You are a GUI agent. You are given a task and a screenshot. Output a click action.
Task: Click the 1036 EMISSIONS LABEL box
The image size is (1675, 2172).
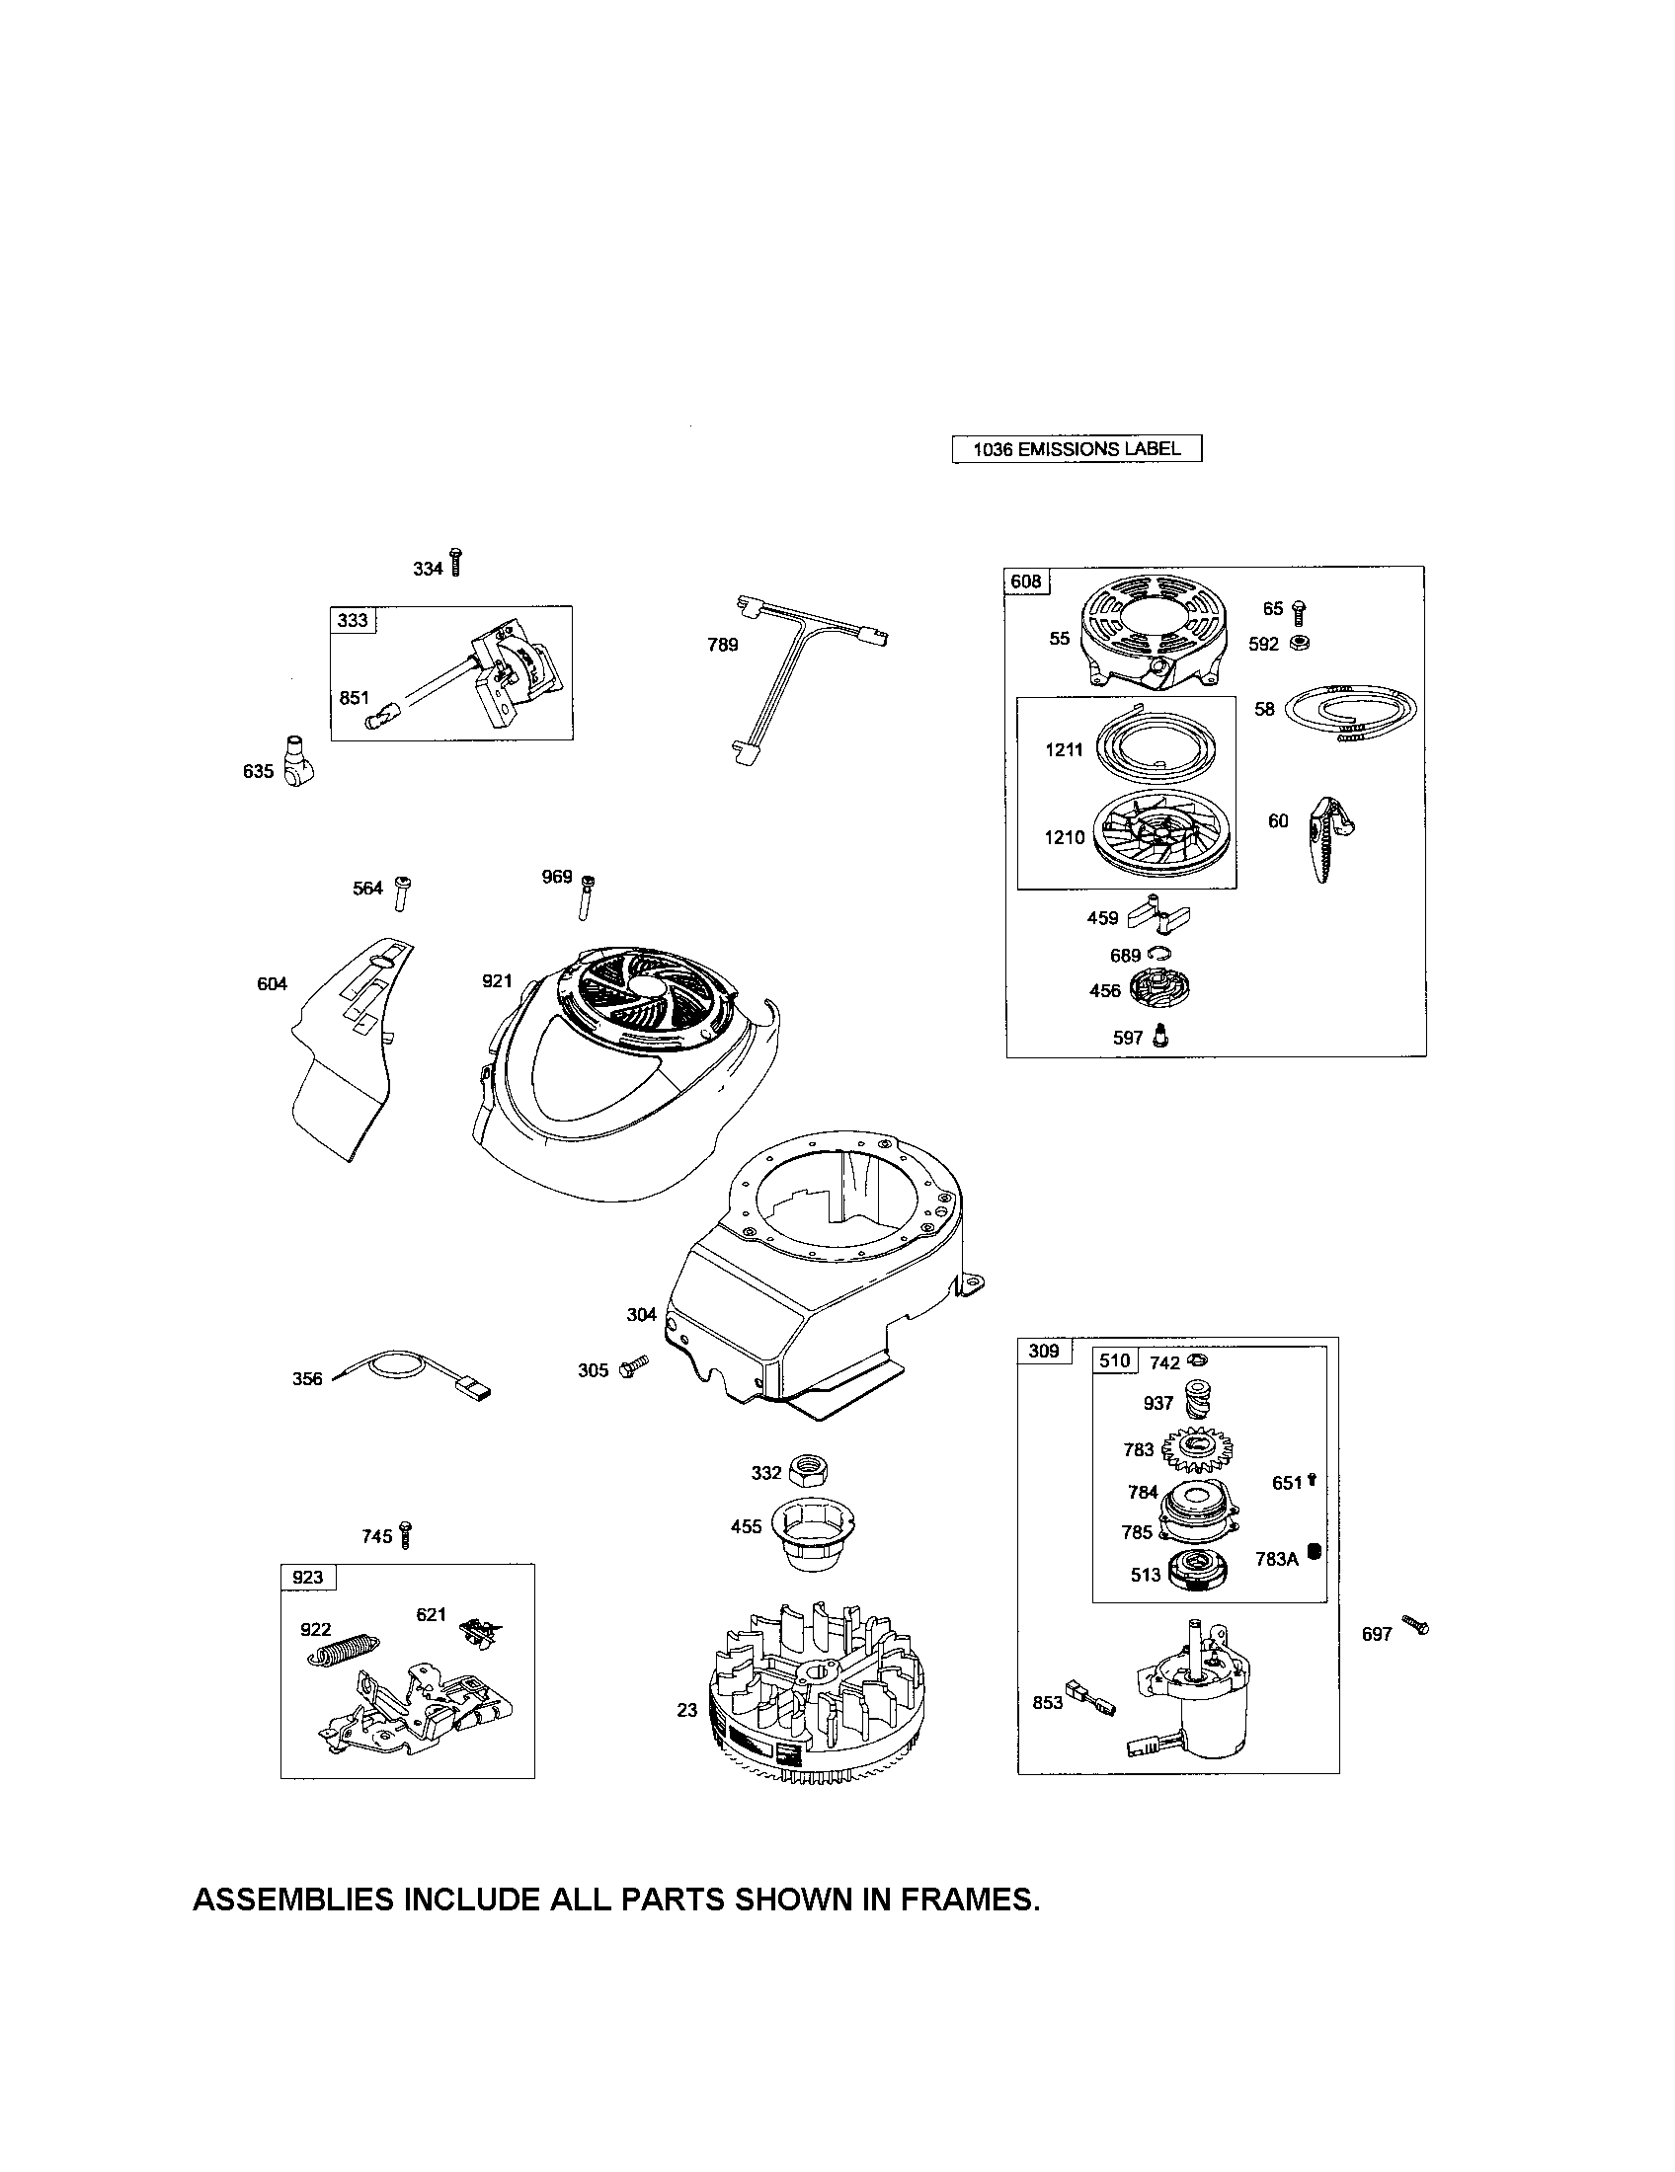click(1077, 448)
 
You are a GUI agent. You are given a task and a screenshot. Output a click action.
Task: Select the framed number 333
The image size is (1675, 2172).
click(354, 620)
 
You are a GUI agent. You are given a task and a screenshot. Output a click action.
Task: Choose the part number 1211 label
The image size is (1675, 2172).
click(1064, 750)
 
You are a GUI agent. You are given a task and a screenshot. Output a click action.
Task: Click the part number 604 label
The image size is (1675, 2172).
click(272, 983)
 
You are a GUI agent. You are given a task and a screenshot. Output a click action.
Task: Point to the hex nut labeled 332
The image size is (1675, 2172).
click(809, 1470)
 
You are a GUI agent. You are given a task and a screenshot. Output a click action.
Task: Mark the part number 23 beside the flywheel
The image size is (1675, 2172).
click(687, 1711)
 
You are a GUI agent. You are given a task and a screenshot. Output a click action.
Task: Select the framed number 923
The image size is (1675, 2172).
click(308, 1578)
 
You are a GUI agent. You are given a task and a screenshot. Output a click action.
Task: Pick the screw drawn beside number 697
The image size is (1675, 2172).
click(1416, 1624)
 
